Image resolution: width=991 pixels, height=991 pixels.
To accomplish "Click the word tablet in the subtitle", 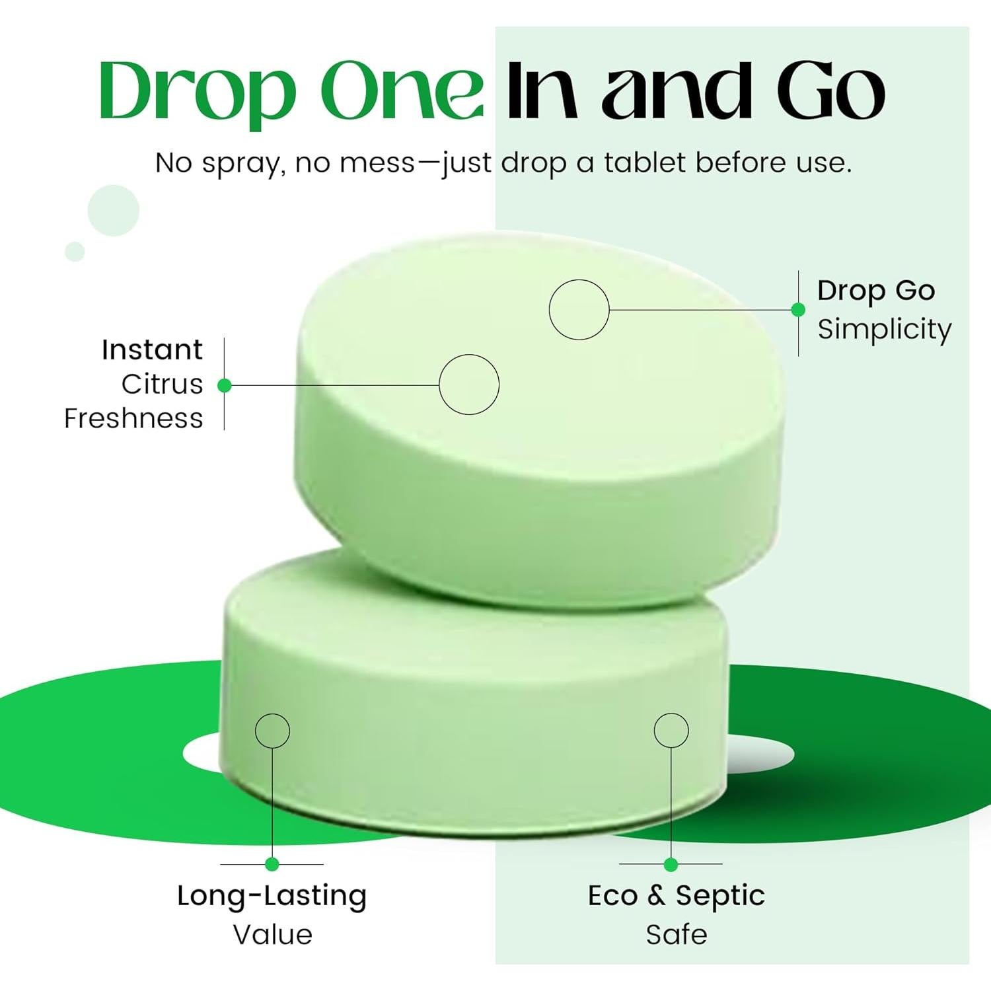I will (x=645, y=163).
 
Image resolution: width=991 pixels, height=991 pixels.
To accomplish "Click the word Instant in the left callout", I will (x=152, y=349).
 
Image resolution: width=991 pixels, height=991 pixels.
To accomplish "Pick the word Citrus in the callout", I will (x=162, y=384).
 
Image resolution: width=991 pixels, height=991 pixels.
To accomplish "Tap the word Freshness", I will (x=133, y=418).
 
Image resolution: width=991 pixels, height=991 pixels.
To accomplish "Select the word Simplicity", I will (x=885, y=329).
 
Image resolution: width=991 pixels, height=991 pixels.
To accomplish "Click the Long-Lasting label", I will (x=272, y=896).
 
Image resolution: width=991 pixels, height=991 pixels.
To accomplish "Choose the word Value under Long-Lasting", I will (x=272, y=934).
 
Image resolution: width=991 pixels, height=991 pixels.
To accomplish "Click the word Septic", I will (x=720, y=897).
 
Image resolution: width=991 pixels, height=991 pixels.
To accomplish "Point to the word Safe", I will (x=677, y=934).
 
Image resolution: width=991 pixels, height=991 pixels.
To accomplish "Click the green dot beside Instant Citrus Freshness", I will (x=225, y=385).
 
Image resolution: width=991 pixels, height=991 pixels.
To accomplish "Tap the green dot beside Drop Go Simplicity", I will (x=798, y=309).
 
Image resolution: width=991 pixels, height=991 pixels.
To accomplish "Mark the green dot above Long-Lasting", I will (x=272, y=863).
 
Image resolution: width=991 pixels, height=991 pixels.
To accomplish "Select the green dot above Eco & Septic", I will (x=671, y=864).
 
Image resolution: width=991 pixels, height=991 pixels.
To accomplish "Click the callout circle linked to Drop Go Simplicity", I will (x=579, y=309).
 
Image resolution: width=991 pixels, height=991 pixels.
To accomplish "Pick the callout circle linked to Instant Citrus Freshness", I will (x=469, y=385).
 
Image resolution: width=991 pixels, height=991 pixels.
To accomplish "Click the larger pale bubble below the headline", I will (x=114, y=210).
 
